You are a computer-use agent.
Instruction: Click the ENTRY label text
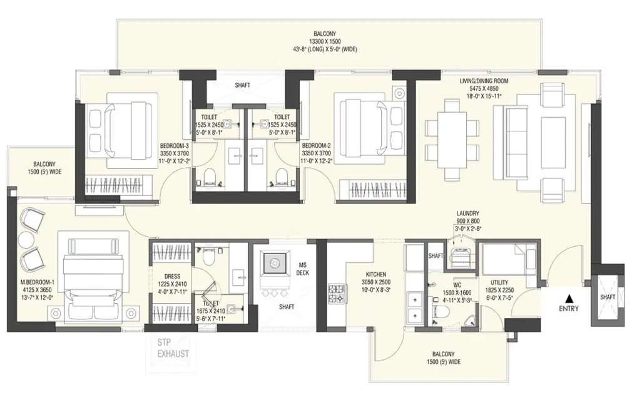(569, 308)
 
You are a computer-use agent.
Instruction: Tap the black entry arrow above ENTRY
(569, 297)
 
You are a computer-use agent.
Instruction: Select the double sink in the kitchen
(414, 307)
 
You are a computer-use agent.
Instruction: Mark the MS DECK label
(302, 268)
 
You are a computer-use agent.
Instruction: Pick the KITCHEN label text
(377, 274)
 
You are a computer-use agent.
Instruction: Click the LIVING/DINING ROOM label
(484, 81)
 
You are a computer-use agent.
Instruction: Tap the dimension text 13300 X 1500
(325, 41)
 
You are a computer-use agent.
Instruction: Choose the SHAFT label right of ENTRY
(607, 297)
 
